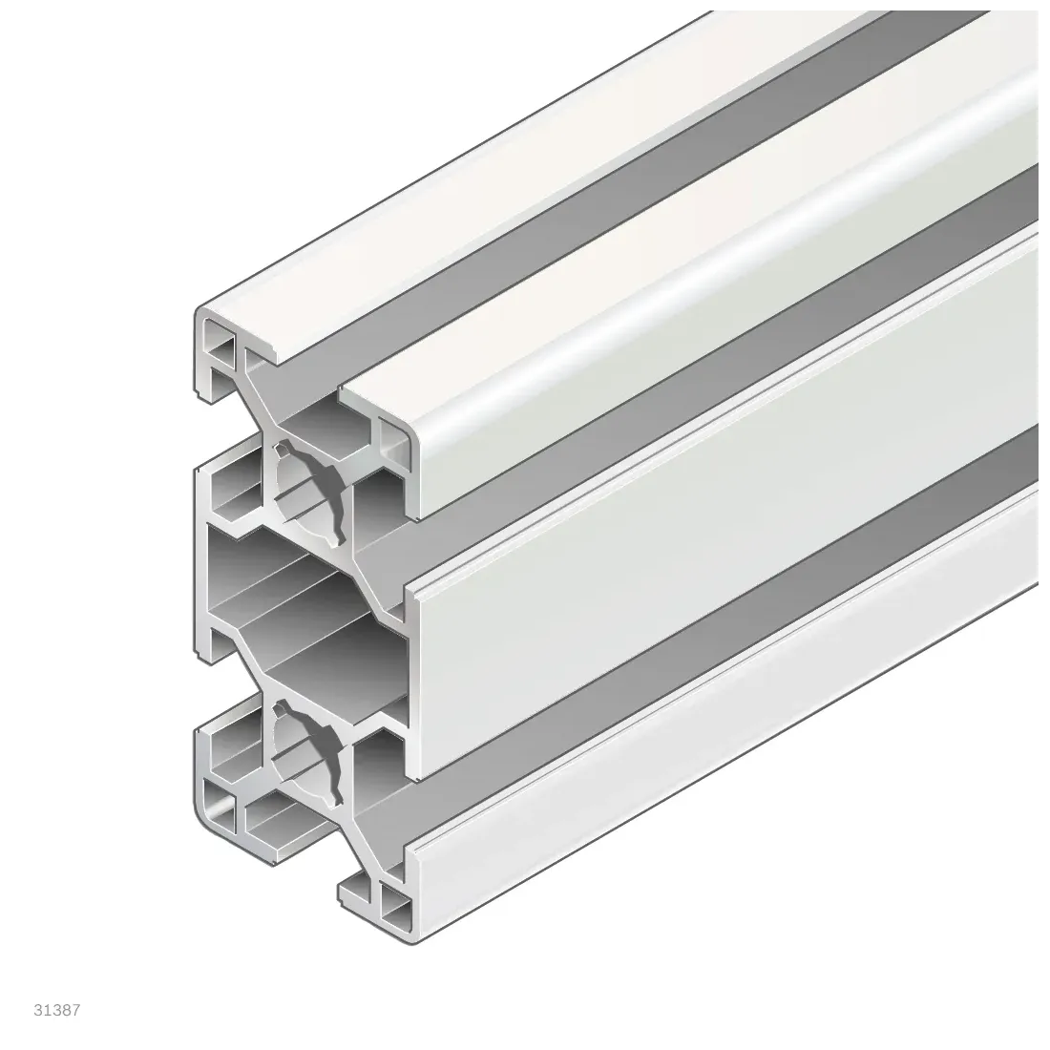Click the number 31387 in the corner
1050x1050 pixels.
pos(57,1010)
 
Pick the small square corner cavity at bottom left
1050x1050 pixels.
pos(221,812)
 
